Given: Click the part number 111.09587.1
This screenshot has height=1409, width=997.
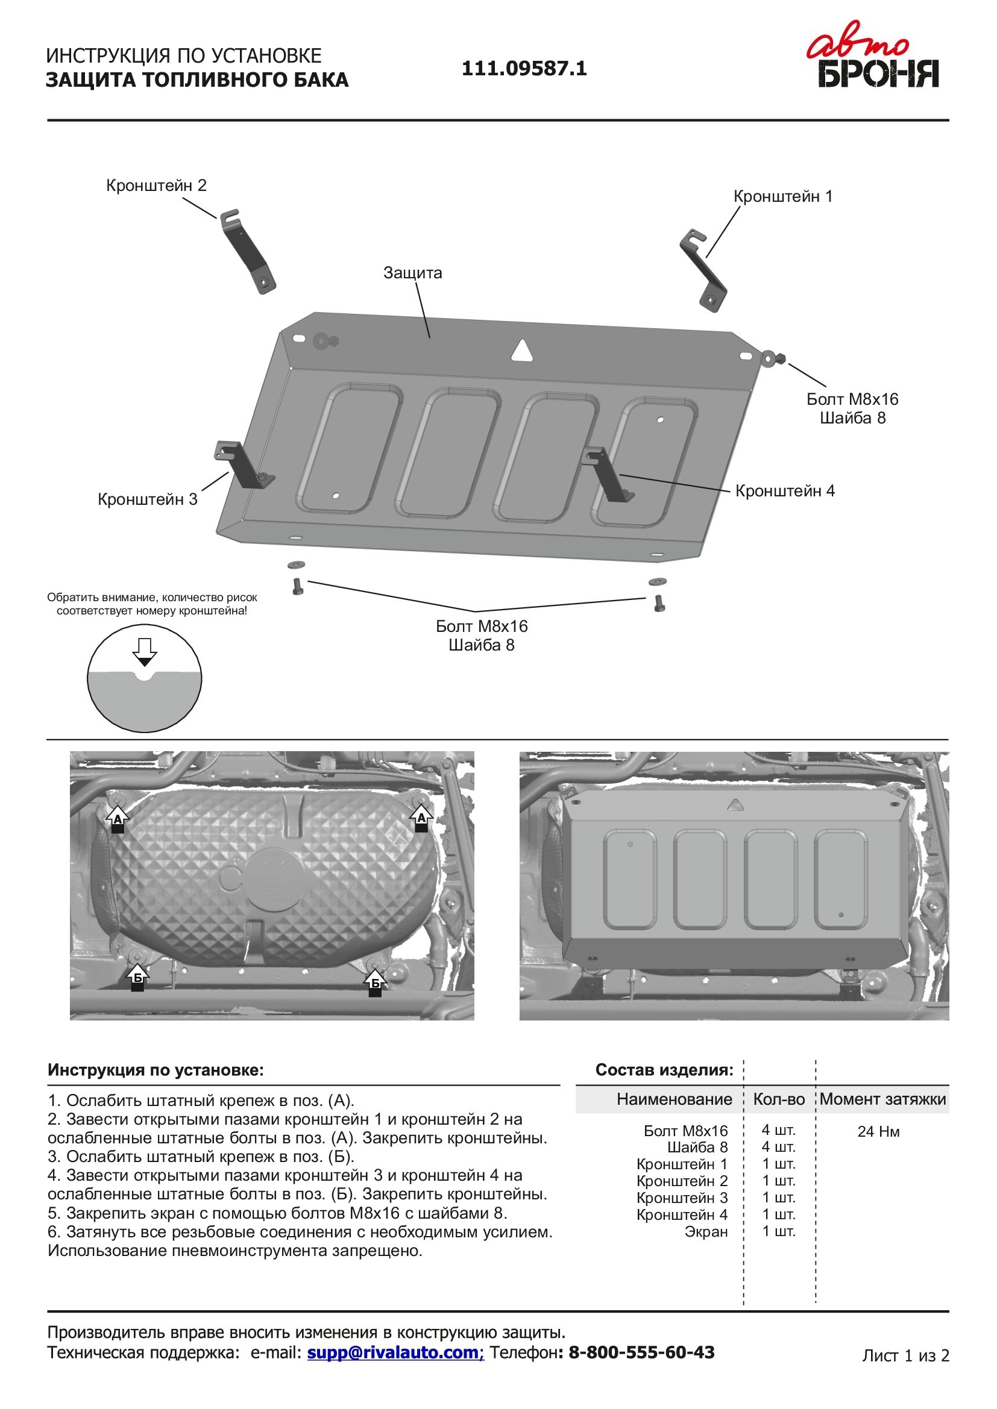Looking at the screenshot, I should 524,68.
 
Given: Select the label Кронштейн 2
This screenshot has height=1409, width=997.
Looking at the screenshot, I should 156,186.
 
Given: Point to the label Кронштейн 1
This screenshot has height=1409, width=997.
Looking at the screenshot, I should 783,196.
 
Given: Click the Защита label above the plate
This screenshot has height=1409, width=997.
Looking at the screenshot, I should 412,272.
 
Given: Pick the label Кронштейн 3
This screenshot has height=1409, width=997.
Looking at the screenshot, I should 147,499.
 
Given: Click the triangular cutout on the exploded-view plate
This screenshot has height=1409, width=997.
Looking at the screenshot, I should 522,351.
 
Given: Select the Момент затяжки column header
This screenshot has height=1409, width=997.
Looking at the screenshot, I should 882,1099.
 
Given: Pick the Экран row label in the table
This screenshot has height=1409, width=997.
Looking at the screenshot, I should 706,1231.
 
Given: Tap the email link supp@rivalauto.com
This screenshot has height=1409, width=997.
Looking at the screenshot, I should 395,1352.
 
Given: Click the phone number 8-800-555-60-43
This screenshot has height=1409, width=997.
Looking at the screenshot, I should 641,1352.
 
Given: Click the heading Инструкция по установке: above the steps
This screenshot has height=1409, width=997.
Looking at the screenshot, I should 156,1070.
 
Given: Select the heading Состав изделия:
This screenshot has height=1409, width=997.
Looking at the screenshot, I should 664,1070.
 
